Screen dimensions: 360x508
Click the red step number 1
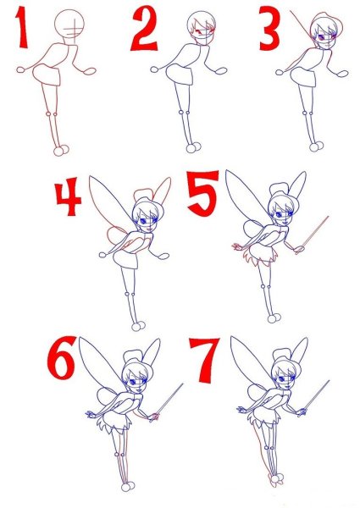[x=22, y=27]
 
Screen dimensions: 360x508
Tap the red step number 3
[x=269, y=29]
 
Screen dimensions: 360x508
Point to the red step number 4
[x=68, y=196]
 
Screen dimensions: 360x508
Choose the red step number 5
[x=202, y=193]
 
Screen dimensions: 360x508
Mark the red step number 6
[x=61, y=358]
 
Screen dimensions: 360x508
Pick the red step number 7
[x=204, y=360]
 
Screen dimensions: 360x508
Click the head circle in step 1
[x=69, y=24]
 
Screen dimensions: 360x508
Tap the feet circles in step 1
[x=61, y=151]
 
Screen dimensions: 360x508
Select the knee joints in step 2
[x=184, y=113]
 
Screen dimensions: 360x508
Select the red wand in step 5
[x=312, y=235]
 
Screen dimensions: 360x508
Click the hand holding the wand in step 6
[x=154, y=417]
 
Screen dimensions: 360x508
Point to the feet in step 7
[x=276, y=479]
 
